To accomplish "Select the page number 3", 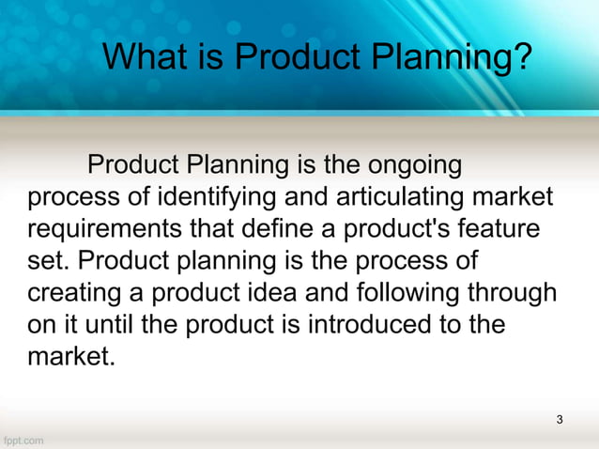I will [x=560, y=419].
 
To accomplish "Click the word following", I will [x=411, y=294].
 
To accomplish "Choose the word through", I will [x=518, y=294].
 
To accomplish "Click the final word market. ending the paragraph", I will [x=70, y=358].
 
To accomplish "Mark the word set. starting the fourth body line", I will [x=47, y=263].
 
